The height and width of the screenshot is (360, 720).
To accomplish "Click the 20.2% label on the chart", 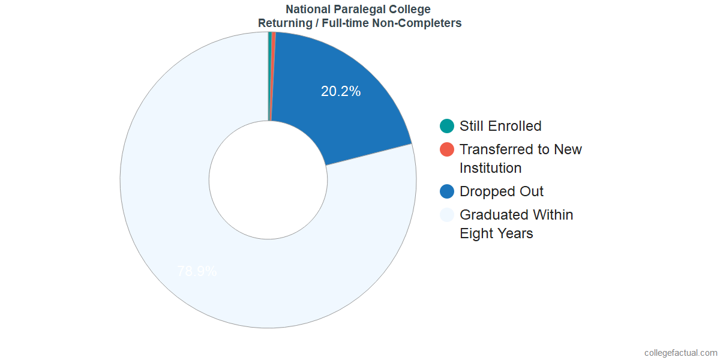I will tap(341, 92).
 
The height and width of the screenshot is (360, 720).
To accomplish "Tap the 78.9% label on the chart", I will tap(197, 271).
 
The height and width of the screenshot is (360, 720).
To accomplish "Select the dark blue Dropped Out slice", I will tap(348, 120).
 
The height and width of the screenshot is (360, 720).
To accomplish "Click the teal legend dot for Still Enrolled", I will tap(447, 126).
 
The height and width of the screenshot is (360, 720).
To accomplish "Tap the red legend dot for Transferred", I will tap(447, 149).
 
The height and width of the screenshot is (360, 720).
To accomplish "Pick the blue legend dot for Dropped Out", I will tap(447, 191).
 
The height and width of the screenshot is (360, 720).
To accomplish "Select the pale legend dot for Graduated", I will tap(447, 215).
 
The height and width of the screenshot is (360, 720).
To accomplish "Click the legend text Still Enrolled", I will tap(500, 126).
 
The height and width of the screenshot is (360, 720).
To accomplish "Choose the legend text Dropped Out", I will tap(502, 191).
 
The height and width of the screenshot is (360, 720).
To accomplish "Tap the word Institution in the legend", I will tap(491, 168).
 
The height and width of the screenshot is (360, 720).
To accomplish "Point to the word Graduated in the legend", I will tap(494, 215).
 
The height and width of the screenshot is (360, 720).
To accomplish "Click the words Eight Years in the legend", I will tap(496, 233).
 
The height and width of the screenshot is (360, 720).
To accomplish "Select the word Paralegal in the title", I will tap(355, 10).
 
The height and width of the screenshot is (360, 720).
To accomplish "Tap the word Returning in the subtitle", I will tap(282, 23).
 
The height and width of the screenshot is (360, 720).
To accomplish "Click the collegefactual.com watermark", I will tap(680, 353).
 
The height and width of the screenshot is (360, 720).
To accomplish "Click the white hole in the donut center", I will tap(268, 179).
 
